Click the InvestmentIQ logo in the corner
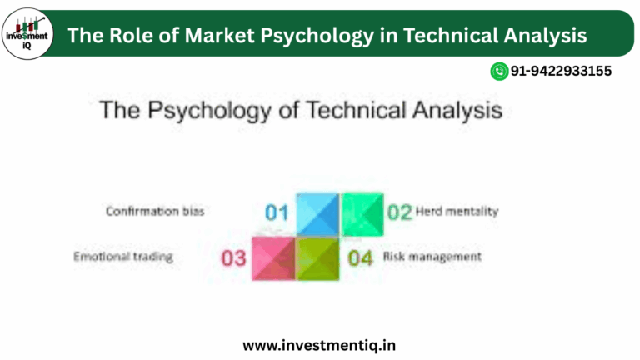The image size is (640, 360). coord(27,34)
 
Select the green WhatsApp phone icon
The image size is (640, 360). coord(499,72)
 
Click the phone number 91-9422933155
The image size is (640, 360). coord(560,72)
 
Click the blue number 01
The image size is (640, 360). coord(277,212)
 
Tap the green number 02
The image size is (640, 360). coord(400,212)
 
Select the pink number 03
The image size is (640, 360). coord(234,257)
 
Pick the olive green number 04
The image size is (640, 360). coord(360,257)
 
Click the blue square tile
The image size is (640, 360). coord(317,213)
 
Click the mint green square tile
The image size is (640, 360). coord(362,213)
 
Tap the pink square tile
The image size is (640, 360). coord(274,257)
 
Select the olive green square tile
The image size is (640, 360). coord(318,257)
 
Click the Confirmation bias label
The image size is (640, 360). coord(155,212)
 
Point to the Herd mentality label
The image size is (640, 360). coord(457,212)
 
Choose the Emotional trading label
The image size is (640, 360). coord(123,257)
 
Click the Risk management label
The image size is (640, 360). coord(432,257)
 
